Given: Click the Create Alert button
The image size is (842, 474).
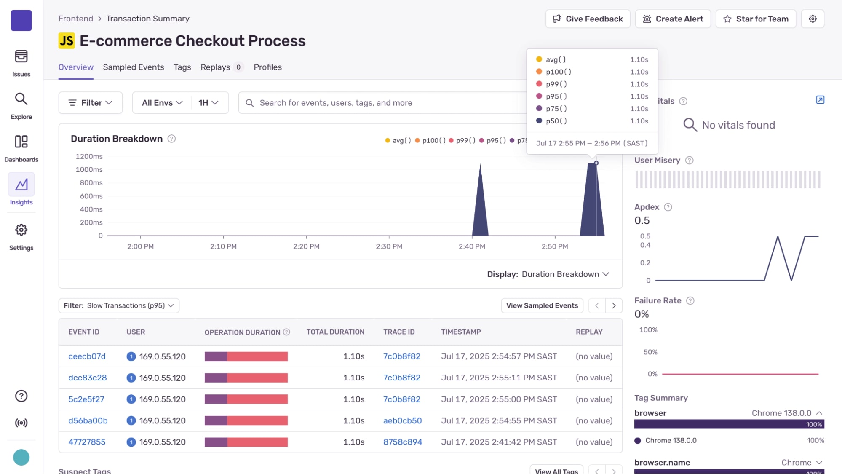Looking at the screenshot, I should (x=673, y=19).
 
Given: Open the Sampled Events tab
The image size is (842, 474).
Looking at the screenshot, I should (x=133, y=67).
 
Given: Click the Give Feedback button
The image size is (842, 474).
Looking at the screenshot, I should (x=588, y=19).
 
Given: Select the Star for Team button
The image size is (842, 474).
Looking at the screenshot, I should (x=756, y=19).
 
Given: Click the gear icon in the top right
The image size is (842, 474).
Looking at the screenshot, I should (x=813, y=19).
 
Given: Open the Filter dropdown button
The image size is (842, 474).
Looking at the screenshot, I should (x=91, y=103).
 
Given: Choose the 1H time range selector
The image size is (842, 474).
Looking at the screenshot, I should (x=208, y=103).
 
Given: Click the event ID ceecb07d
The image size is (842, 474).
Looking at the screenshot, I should (x=87, y=356).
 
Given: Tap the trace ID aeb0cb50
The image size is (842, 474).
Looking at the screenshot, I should (x=402, y=420).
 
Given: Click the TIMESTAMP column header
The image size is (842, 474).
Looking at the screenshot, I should (x=461, y=332).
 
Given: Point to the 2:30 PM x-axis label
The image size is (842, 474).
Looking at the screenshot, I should (x=389, y=246).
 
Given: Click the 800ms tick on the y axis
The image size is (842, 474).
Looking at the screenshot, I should (x=91, y=183).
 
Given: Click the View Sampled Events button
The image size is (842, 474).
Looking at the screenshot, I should (x=542, y=305).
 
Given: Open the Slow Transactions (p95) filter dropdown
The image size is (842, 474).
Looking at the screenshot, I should (x=119, y=305).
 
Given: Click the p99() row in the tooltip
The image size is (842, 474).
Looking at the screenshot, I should (x=592, y=84).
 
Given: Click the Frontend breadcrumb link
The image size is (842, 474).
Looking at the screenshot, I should (x=76, y=19).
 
